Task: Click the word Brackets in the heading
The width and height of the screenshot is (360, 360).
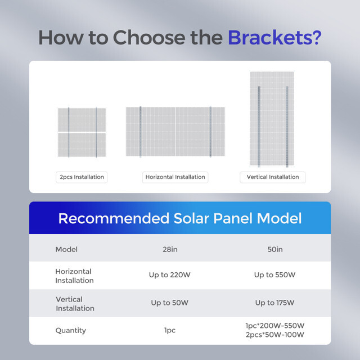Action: click(274, 38)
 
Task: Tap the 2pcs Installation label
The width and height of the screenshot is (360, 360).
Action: click(82, 177)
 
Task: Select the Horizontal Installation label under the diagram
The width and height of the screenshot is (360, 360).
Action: click(175, 177)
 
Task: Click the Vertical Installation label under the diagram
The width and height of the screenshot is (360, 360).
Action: click(273, 177)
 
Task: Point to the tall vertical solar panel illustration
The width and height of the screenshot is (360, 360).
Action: click(273, 119)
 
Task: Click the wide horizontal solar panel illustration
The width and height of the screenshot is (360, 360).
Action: click(175, 132)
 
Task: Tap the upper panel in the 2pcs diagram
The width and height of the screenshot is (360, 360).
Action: click(82, 119)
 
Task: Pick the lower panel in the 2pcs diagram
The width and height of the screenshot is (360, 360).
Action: click(82, 145)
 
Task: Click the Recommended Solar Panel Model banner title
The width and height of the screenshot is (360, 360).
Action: click(180, 218)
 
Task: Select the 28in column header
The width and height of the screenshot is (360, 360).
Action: click(169, 249)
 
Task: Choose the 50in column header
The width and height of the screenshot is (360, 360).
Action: click(275, 249)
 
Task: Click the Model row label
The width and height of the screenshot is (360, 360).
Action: click(66, 249)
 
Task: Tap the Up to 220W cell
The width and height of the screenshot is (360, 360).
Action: click(169, 275)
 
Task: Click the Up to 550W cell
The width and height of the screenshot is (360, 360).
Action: click(274, 275)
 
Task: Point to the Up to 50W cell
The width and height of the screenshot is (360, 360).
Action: click(169, 303)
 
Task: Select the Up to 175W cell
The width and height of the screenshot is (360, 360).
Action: click(274, 303)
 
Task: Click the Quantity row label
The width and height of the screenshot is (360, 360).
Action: click(70, 330)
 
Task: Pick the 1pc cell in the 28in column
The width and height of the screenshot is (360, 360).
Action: click(169, 330)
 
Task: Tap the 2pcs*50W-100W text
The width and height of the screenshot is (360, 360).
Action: click(275, 335)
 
